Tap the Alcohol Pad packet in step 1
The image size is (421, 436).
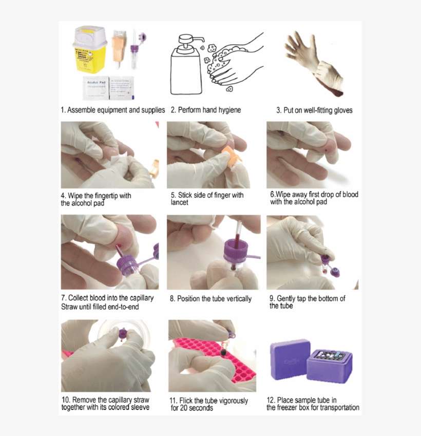pos(95,87)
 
